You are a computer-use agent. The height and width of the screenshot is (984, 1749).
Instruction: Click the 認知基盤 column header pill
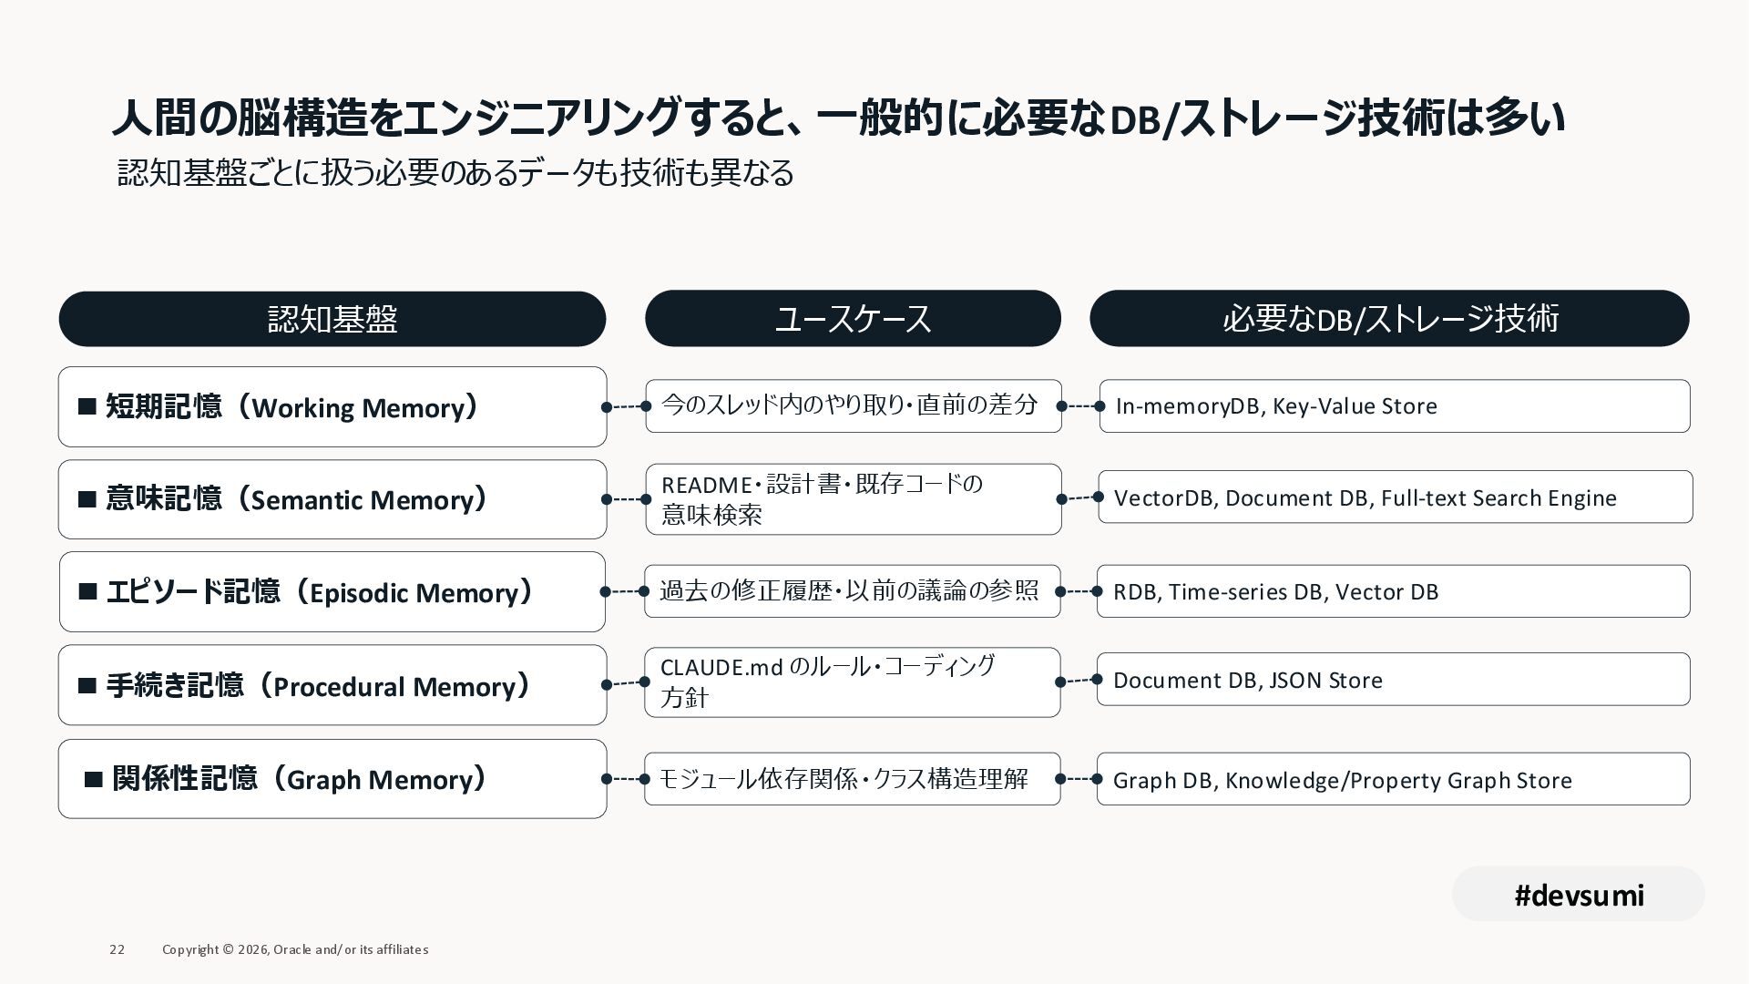332,319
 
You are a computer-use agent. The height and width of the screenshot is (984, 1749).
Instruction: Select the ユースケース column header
853,319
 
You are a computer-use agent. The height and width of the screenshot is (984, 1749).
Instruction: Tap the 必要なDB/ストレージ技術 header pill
1389,319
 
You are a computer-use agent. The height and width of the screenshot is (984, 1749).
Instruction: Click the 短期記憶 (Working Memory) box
332,406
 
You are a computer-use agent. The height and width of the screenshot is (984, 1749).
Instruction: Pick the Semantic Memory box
332,499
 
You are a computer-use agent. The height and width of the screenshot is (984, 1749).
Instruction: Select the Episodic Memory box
332,592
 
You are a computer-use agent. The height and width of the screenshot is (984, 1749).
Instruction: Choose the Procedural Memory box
332,685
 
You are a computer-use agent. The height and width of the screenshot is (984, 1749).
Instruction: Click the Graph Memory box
332,779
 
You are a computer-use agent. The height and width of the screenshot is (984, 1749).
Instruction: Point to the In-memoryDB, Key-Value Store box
1394,406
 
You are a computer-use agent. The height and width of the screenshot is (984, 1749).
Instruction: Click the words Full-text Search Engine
1498,498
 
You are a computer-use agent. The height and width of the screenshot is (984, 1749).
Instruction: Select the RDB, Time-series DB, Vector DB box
1393,591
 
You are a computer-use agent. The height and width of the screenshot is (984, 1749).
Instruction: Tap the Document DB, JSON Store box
1393,680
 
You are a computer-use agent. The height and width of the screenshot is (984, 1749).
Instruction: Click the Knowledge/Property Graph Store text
1398,781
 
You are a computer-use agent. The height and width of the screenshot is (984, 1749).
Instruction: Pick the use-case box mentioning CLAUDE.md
852,682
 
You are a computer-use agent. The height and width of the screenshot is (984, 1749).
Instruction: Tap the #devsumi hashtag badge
1578,895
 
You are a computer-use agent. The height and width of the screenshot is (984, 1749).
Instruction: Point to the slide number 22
117,949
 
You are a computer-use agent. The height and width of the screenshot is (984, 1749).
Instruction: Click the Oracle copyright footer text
295,949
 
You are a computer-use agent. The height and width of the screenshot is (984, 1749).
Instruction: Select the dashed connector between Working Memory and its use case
626,406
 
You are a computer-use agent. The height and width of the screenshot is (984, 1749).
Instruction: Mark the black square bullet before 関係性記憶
93,780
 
